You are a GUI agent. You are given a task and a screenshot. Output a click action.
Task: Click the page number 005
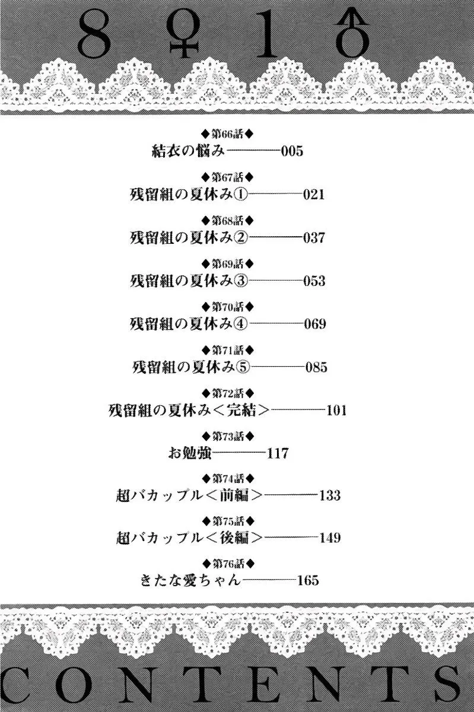292,151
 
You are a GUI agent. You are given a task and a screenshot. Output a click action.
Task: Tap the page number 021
314,194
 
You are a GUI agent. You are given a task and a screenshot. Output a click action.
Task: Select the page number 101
336,410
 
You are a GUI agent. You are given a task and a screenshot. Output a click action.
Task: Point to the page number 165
308,580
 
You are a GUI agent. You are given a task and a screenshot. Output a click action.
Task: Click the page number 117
278,453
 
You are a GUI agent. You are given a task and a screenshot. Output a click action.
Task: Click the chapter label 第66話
228,134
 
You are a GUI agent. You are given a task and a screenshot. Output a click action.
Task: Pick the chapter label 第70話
228,307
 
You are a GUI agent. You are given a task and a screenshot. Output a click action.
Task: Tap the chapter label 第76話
228,564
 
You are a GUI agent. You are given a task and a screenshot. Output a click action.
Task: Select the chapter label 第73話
228,437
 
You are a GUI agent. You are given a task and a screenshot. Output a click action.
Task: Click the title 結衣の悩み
188,151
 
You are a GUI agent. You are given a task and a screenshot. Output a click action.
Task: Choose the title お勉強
189,453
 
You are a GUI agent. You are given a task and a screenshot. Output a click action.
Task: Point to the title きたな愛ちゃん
190,580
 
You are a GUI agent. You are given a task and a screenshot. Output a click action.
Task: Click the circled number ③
240,281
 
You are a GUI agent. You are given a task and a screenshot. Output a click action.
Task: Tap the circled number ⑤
243,367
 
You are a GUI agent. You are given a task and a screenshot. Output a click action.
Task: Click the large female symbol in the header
183,33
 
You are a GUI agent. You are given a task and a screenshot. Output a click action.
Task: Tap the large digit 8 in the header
94,34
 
